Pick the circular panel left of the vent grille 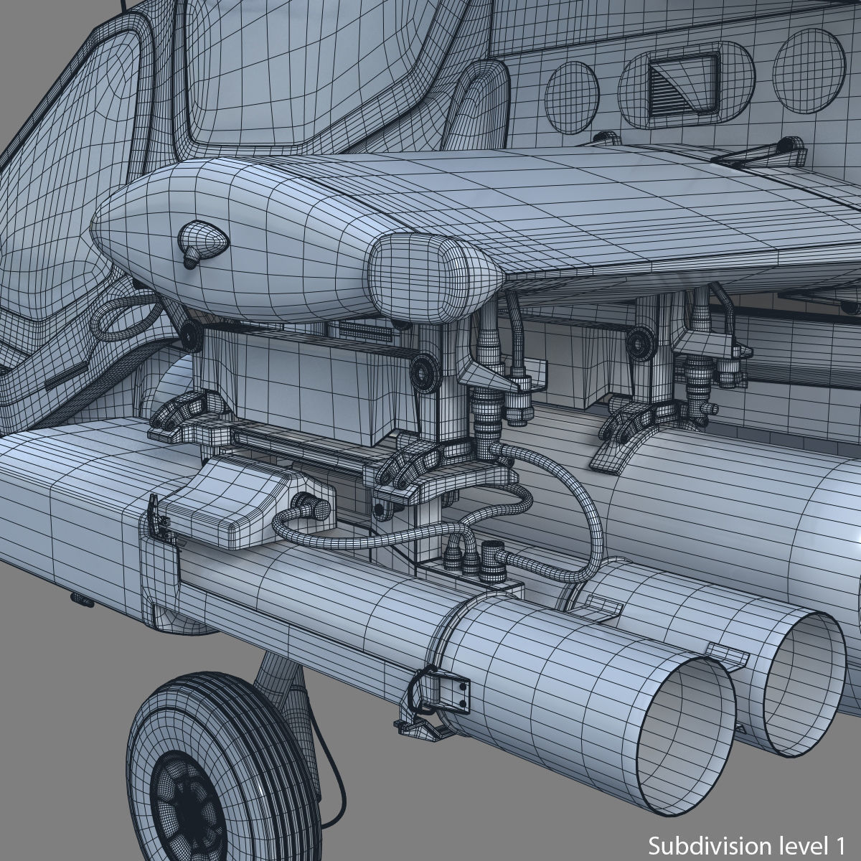pyautogui.click(x=572, y=97)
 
